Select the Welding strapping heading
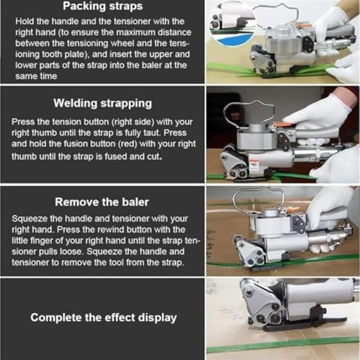[x=100, y=104]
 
